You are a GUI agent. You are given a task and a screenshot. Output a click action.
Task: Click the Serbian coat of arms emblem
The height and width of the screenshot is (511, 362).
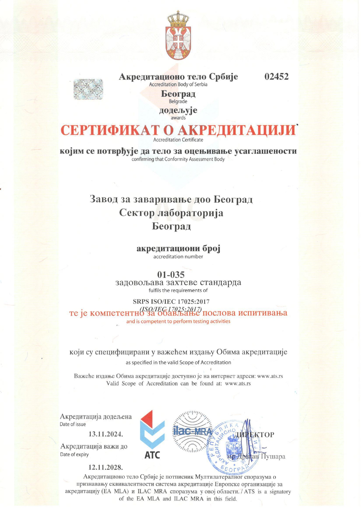pos(178,36)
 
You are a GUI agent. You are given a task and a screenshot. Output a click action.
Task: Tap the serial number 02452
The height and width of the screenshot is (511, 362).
pos(276,77)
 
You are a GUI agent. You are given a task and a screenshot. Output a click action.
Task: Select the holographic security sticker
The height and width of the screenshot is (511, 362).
pos(88,89)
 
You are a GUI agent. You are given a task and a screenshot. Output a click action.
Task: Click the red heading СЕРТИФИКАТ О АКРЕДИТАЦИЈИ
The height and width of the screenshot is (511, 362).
pos(178,130)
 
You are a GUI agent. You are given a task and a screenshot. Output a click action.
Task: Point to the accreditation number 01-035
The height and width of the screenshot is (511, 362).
pos(171,275)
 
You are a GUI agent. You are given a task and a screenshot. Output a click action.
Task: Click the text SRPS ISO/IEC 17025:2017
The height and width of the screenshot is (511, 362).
pos(171,302)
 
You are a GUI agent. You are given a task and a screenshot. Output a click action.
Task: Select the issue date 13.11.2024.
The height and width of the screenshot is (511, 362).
pos(106,434)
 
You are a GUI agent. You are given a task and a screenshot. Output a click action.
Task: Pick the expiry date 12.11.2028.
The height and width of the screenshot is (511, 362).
pos(106,467)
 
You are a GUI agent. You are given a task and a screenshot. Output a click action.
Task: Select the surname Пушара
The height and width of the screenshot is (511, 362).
pos(273,457)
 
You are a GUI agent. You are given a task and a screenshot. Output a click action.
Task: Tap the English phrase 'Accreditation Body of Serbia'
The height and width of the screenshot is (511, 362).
pos(178,84)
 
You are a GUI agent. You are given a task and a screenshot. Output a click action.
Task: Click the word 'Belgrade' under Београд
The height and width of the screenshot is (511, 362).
pos(178,102)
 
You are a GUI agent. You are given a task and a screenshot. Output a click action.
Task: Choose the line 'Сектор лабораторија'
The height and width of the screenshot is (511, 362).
pos(171,213)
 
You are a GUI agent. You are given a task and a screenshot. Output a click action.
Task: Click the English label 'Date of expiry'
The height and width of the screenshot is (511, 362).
pos(74,455)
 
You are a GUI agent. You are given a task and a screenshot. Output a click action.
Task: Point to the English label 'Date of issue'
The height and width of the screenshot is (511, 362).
pos(73,424)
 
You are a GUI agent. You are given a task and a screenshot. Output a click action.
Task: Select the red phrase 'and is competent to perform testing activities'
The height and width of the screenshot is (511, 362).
pos(178,321)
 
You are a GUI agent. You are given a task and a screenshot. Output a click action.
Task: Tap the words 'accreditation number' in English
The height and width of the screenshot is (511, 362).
pos(178,257)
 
